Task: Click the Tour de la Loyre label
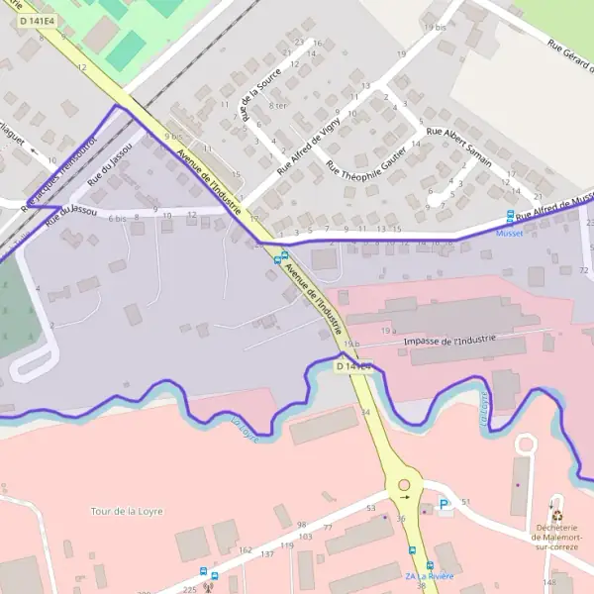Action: (126, 511)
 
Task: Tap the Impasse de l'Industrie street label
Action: (449, 341)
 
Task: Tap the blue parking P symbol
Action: (445, 504)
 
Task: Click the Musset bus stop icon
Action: (511, 215)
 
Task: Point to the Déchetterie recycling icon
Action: (556, 515)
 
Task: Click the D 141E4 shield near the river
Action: (351, 366)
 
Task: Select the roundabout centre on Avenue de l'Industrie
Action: (404, 485)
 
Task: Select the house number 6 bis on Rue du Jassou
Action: (118, 218)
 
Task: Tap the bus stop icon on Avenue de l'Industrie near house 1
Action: (278, 258)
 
